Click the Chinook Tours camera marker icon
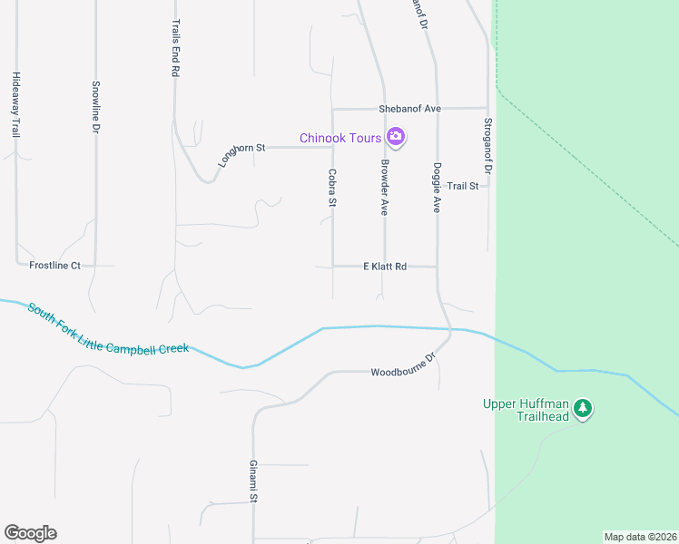coord(395,138)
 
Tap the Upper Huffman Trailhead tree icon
coord(584,409)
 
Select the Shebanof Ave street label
coord(409,109)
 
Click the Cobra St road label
coord(332,188)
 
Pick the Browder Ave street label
coord(385,188)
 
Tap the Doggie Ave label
coord(437,188)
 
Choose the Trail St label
coord(462,186)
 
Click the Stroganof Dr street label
coord(487,146)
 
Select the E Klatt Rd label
coord(385,267)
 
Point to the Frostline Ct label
coord(55,266)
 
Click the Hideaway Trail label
coord(15,104)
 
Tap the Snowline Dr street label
coord(95,108)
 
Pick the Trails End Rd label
coord(175,49)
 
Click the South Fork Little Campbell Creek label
coord(107,329)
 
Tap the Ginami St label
coord(255,481)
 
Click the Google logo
coord(30,533)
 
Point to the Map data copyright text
coord(639,537)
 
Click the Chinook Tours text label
coord(340,138)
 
